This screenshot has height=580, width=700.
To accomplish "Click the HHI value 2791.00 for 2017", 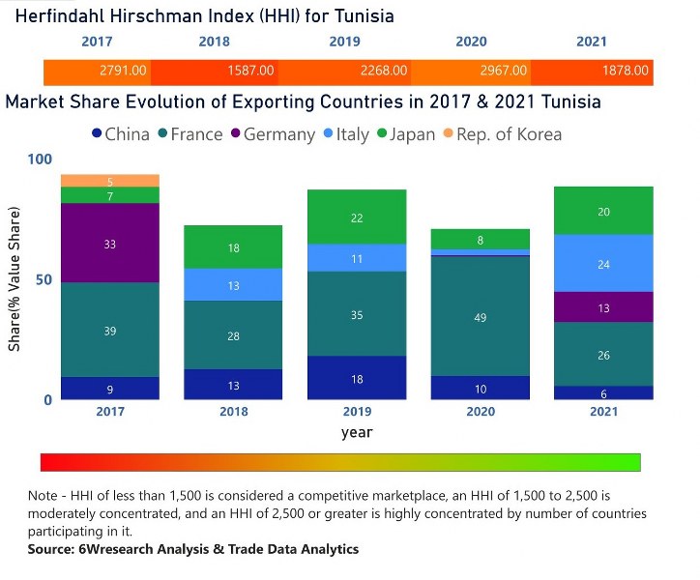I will click(x=123, y=72).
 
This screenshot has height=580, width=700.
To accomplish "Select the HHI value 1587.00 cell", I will click(x=249, y=72).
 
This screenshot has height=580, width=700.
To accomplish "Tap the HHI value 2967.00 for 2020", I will click(x=504, y=72).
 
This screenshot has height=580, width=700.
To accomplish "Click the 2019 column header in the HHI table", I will click(x=344, y=42).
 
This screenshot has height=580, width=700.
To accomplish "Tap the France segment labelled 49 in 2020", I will click(x=481, y=316).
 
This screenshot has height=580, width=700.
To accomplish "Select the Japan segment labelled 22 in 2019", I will click(x=357, y=217).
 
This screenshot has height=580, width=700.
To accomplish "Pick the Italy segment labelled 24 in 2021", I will click(x=603, y=264).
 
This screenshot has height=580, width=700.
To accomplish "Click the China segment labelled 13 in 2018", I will click(x=233, y=385).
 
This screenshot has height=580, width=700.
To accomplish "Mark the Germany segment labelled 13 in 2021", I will click(x=603, y=307).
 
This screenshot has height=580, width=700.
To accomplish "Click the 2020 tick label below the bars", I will click(x=481, y=412).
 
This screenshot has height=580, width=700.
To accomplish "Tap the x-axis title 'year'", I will click(x=357, y=432).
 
